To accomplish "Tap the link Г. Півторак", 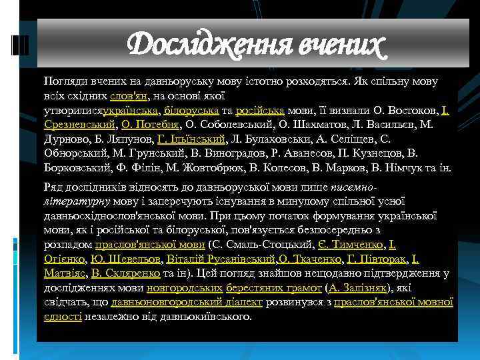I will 375,259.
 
